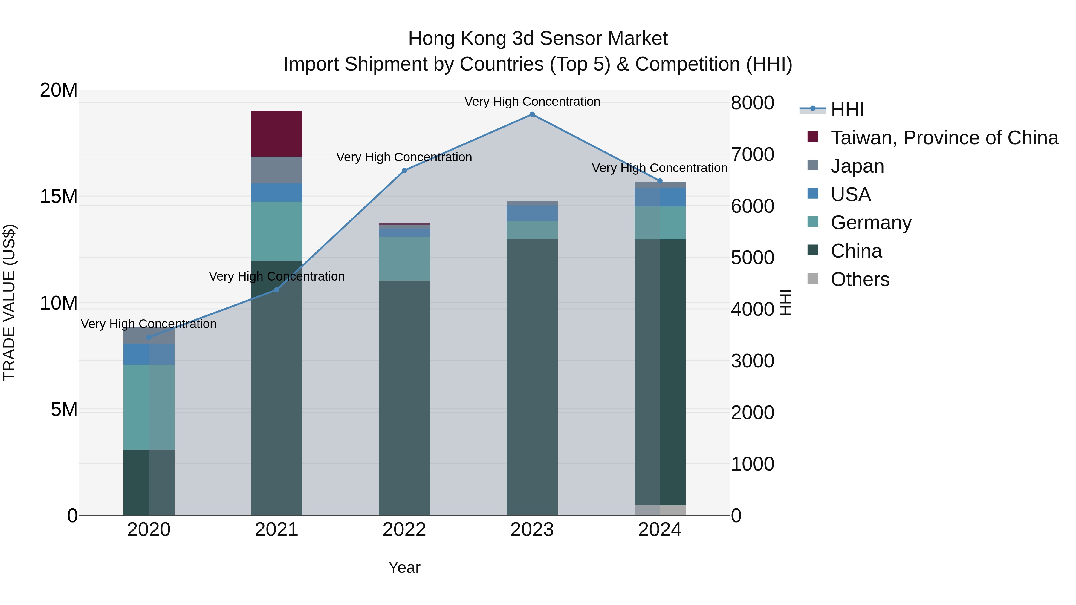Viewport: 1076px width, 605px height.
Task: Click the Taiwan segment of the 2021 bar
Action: (276, 134)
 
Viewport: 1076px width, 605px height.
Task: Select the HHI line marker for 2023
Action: (532, 114)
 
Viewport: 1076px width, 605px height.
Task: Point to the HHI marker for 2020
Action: (149, 337)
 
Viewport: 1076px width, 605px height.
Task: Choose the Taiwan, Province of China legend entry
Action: (944, 138)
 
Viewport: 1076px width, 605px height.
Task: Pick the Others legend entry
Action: (860, 279)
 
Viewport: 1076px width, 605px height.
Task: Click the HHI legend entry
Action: (847, 109)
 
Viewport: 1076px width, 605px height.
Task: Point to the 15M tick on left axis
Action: (59, 196)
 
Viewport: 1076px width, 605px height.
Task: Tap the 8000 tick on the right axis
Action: (752, 103)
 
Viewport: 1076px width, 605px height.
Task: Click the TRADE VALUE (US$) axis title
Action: (9, 302)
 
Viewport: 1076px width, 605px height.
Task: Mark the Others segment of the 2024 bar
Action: (660, 510)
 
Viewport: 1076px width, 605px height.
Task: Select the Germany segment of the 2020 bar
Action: (149, 407)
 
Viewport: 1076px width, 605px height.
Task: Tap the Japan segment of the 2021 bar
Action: (276, 170)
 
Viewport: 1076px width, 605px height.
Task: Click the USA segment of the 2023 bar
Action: (532, 213)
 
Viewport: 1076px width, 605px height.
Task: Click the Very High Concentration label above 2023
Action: (532, 102)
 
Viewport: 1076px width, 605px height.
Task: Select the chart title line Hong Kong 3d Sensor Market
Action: (538, 39)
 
